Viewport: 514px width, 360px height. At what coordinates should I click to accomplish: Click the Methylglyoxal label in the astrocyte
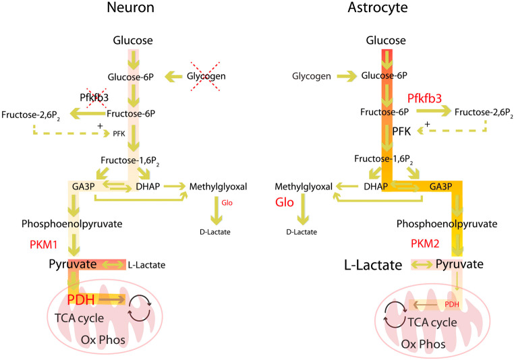click(304, 185)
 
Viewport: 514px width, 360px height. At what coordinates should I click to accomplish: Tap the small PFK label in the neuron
click(119, 133)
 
